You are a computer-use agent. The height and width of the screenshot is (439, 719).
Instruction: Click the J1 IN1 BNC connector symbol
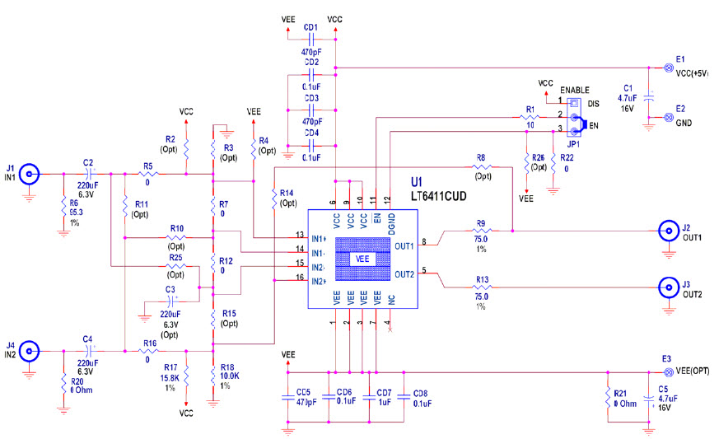(30, 174)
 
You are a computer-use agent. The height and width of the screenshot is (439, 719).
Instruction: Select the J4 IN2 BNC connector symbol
(30, 351)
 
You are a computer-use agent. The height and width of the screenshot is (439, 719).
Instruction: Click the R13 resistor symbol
(482, 287)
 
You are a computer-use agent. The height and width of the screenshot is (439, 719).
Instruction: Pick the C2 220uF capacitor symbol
(89, 174)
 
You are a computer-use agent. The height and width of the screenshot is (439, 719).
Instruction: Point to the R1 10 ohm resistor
(530, 117)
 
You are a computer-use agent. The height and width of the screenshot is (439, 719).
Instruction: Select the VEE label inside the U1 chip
(363, 259)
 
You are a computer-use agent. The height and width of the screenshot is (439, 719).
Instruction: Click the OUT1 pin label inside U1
(404, 245)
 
